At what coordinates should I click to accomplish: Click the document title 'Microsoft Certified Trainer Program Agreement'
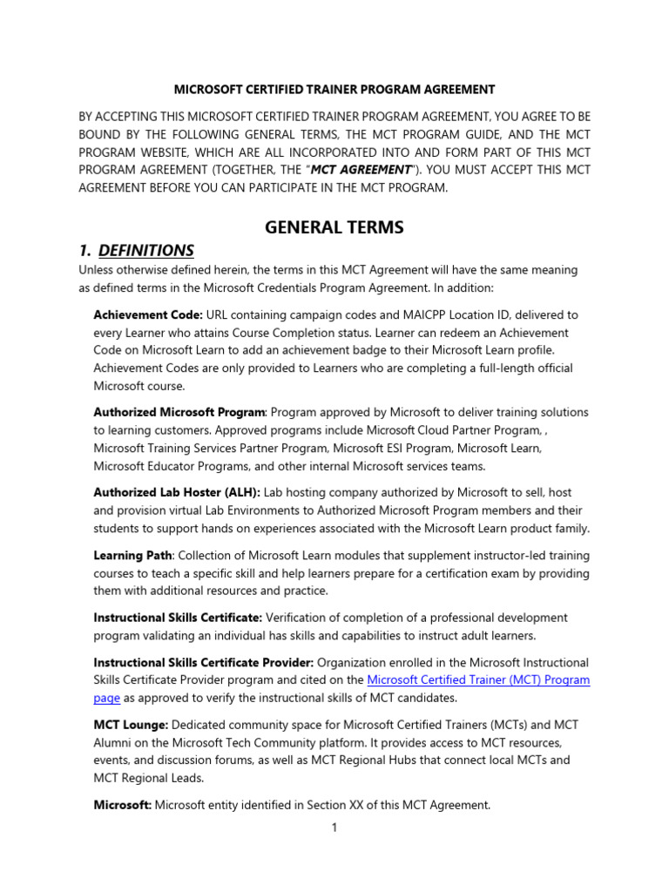[334, 89]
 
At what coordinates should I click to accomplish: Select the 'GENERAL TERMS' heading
[334, 227]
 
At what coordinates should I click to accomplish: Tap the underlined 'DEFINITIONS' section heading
[145, 251]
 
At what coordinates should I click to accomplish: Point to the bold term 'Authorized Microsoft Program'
[179, 411]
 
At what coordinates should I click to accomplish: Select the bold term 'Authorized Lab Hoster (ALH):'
[177, 492]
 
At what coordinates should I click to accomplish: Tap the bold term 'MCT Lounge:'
[132, 725]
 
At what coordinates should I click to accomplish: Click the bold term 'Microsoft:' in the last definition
[123, 806]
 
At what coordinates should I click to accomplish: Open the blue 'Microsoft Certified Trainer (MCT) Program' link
[478, 680]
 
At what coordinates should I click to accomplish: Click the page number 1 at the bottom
[334, 828]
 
